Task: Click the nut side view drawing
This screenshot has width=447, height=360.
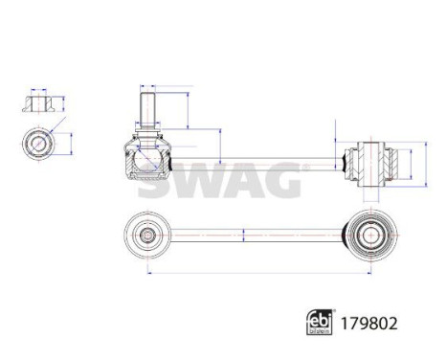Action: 38,102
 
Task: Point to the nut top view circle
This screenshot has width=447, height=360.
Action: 39,145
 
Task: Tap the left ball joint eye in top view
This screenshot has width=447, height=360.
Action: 147,234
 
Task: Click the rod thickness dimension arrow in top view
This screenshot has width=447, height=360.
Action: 245,234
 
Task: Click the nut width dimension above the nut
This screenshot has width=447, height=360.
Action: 38,89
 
